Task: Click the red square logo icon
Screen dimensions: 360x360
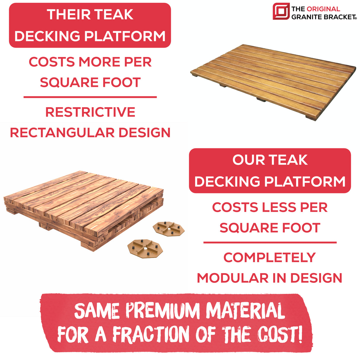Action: tap(281, 12)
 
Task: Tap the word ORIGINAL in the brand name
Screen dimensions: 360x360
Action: tap(323, 9)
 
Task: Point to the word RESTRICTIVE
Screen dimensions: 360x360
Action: tap(90, 112)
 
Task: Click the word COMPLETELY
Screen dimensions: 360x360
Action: tap(270, 257)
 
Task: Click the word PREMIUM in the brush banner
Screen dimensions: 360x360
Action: tap(163, 311)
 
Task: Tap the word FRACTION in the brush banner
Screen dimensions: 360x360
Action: tap(151, 334)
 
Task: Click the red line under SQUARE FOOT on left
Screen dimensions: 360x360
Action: tap(90, 97)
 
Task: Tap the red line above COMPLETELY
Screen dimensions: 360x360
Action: tap(270, 243)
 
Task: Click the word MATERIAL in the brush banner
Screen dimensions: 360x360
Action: tap(245, 311)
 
